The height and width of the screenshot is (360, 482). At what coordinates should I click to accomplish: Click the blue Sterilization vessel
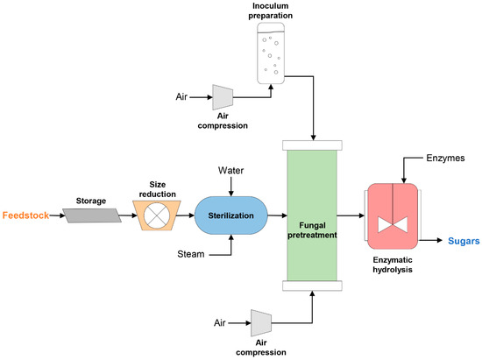229,213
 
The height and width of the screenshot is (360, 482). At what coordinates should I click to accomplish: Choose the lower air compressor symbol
259,321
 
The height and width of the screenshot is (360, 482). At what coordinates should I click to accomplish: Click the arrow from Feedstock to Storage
51,214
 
